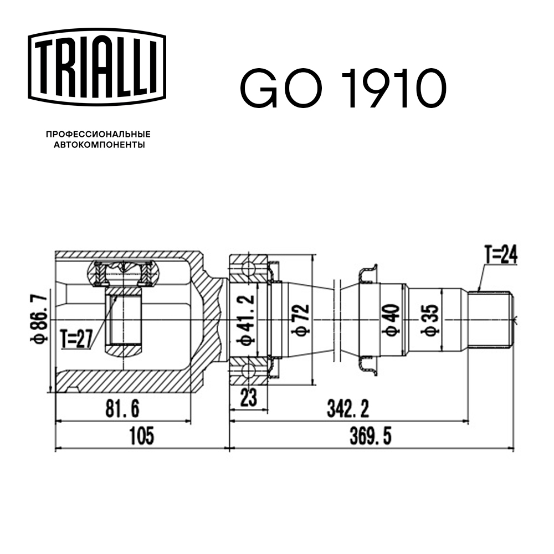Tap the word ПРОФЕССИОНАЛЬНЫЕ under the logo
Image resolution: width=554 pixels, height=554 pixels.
(x=98, y=134)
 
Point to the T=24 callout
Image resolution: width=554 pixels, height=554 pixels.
(x=500, y=255)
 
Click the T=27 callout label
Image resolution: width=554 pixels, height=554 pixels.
(x=77, y=338)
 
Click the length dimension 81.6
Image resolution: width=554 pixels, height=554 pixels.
(x=122, y=409)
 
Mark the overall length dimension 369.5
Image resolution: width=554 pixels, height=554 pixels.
(x=371, y=437)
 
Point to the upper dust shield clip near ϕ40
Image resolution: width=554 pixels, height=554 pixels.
(x=367, y=275)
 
